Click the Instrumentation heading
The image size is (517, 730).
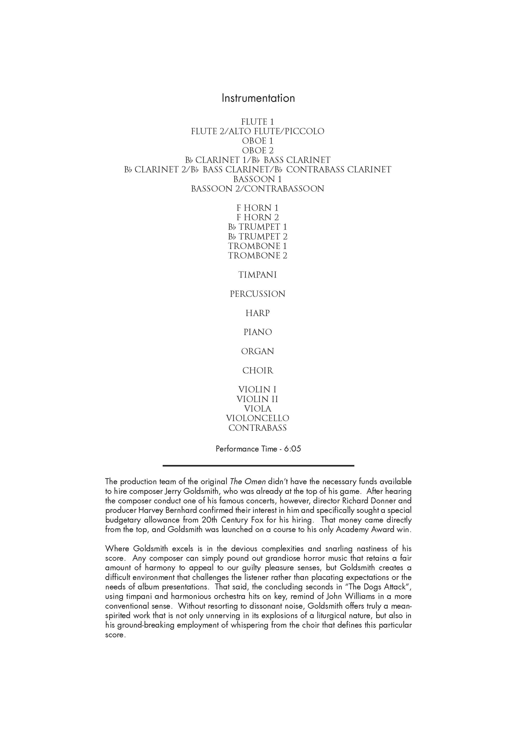click(x=258, y=98)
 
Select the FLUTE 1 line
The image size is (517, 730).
click(x=257, y=122)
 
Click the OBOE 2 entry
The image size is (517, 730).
click(x=257, y=150)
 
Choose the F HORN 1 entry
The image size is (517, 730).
click(x=257, y=208)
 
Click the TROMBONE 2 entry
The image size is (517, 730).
click(x=257, y=256)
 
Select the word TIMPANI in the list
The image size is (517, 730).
click(x=257, y=275)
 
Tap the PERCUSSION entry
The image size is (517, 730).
click(x=257, y=294)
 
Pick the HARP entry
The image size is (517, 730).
click(x=257, y=313)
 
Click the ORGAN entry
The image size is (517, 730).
click(x=257, y=351)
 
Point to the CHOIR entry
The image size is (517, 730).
click(x=257, y=370)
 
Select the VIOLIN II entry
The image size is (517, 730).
click(x=257, y=399)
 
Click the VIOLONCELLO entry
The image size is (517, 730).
click(x=257, y=418)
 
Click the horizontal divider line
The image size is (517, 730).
click(x=258, y=466)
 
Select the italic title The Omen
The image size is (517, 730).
click(x=248, y=482)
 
